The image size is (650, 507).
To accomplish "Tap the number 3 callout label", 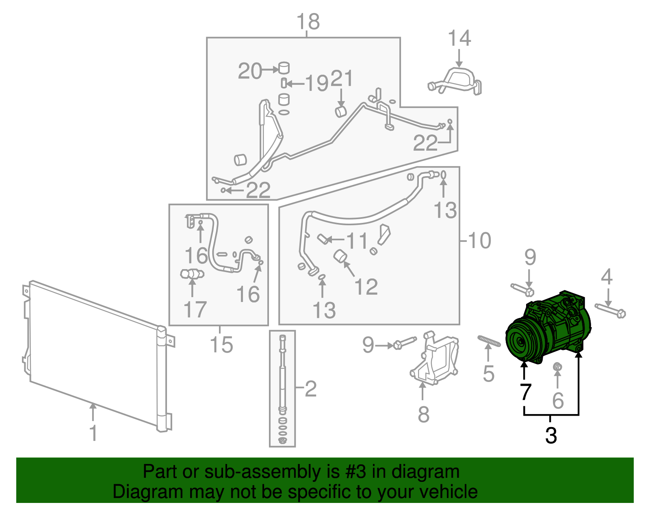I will pyautogui.click(x=550, y=436).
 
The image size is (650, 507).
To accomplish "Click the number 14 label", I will pyautogui.click(x=459, y=39).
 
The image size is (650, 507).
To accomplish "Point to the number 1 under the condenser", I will pyautogui.click(x=93, y=433).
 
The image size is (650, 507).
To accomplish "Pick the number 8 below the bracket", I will pyautogui.click(x=423, y=414).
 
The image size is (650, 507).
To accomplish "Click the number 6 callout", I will pyautogui.click(x=558, y=401).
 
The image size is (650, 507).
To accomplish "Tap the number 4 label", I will pyautogui.click(x=607, y=277).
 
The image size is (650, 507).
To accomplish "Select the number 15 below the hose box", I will pyautogui.click(x=221, y=345).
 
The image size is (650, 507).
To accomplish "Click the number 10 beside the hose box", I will pyautogui.click(x=479, y=241).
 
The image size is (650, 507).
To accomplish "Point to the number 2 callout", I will pyautogui.click(x=310, y=389).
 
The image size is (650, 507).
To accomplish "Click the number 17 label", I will pyautogui.click(x=195, y=310).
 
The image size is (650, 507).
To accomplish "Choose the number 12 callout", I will pyautogui.click(x=366, y=287).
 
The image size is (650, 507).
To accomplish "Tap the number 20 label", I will pyautogui.click(x=250, y=71).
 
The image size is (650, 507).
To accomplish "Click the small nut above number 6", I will pyautogui.click(x=558, y=367).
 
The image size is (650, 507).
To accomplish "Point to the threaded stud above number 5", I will pyautogui.click(x=489, y=341).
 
